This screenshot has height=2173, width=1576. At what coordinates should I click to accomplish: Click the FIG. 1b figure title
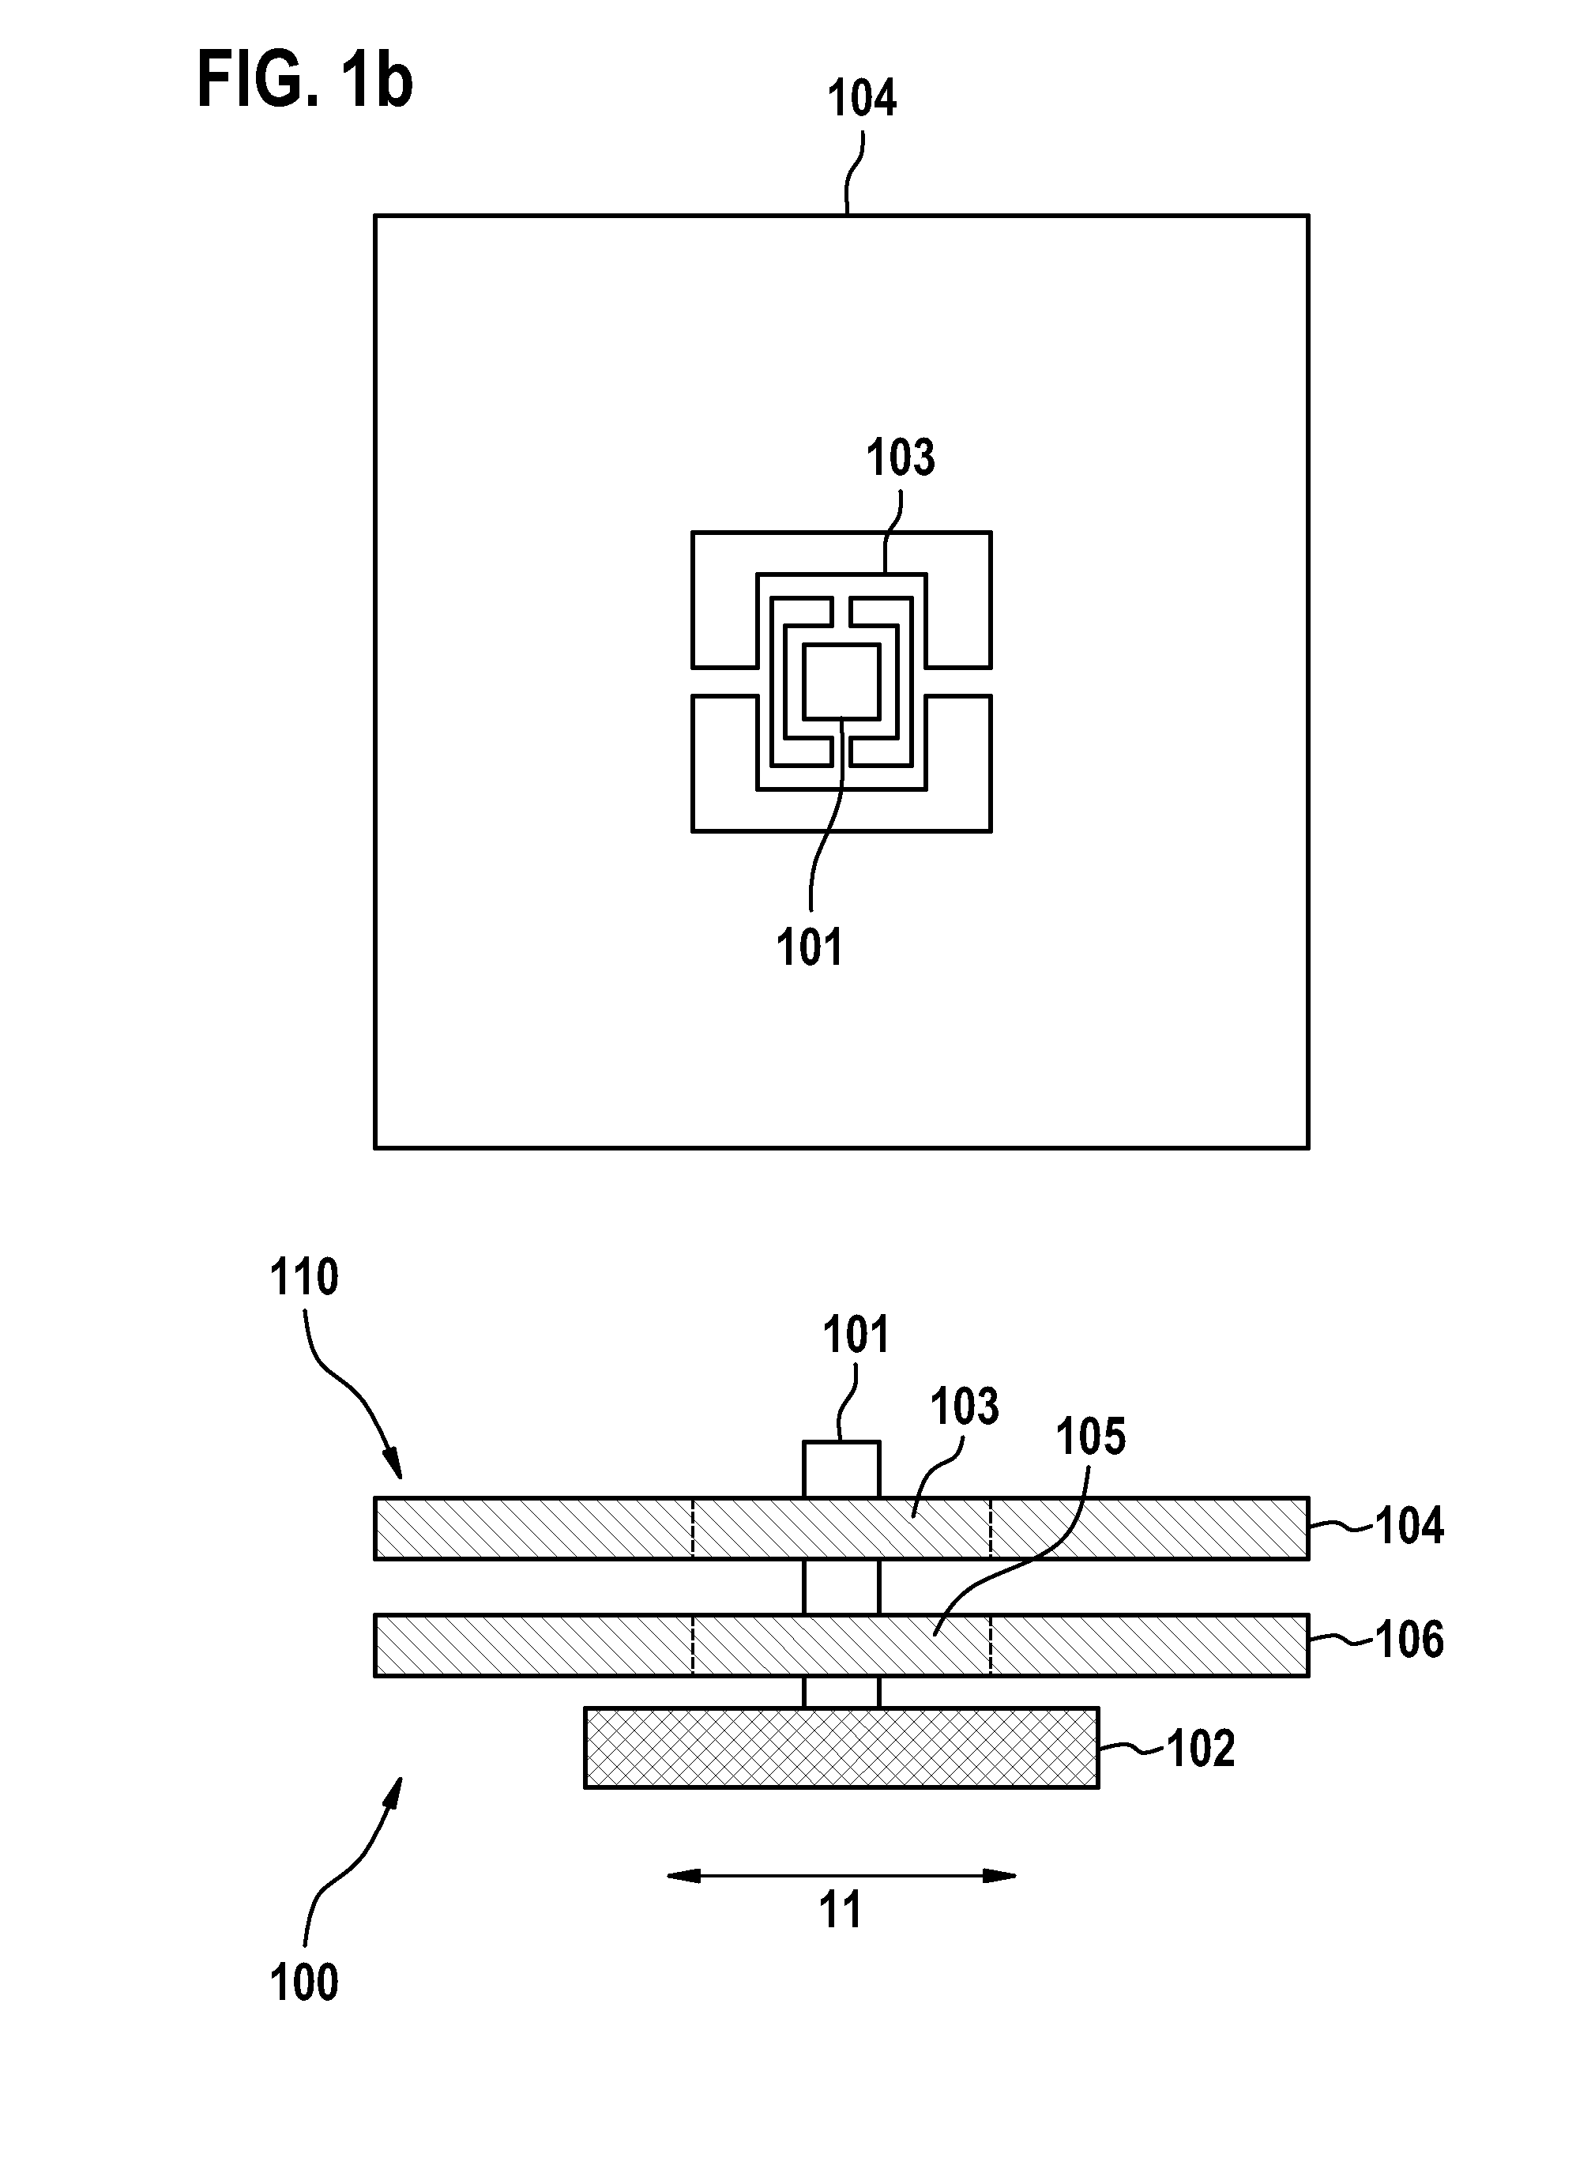pos(305,81)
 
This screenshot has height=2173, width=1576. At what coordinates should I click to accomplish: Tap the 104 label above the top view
pos(861,99)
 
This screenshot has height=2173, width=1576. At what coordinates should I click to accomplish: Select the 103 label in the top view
pos(901,458)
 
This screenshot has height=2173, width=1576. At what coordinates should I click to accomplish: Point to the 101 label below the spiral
pos(810,947)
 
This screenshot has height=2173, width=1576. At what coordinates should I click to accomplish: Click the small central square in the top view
pos(841,681)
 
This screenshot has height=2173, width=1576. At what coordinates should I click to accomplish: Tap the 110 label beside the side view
pos(303,1279)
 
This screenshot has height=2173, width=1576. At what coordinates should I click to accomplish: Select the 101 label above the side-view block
pos(856,1335)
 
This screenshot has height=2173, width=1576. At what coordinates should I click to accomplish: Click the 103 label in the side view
pos(965,1407)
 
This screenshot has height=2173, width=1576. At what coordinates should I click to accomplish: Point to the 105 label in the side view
pos(1091,1437)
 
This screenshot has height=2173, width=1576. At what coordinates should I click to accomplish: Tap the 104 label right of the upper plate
pos(1409,1527)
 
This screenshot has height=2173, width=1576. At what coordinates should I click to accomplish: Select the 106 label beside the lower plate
pos(1409,1640)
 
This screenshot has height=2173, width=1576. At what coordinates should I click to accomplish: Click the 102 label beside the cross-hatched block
pos(1201,1749)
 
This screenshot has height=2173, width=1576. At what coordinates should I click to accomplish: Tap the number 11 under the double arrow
pos(841,1911)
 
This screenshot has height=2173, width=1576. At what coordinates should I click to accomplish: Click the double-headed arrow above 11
pos(841,1876)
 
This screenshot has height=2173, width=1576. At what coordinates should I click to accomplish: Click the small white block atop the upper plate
pos(841,1470)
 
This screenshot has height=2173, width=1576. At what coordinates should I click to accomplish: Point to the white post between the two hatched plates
pos(841,1587)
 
